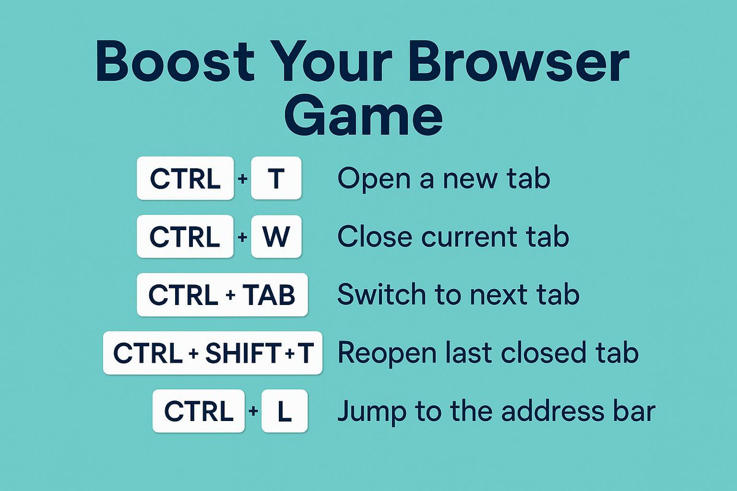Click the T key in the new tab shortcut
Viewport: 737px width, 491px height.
pos(276,179)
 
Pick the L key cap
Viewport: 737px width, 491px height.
pos(284,412)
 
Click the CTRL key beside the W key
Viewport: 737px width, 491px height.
pos(185,236)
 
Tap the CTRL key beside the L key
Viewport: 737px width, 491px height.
pos(200,412)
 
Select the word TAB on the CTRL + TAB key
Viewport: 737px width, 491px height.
pos(270,295)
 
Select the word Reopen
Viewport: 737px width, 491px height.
pos(381,354)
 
